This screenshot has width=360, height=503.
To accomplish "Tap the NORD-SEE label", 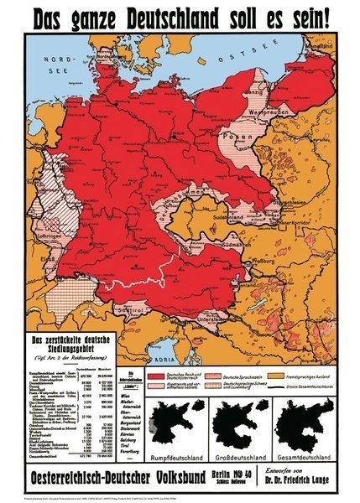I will [60, 65].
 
